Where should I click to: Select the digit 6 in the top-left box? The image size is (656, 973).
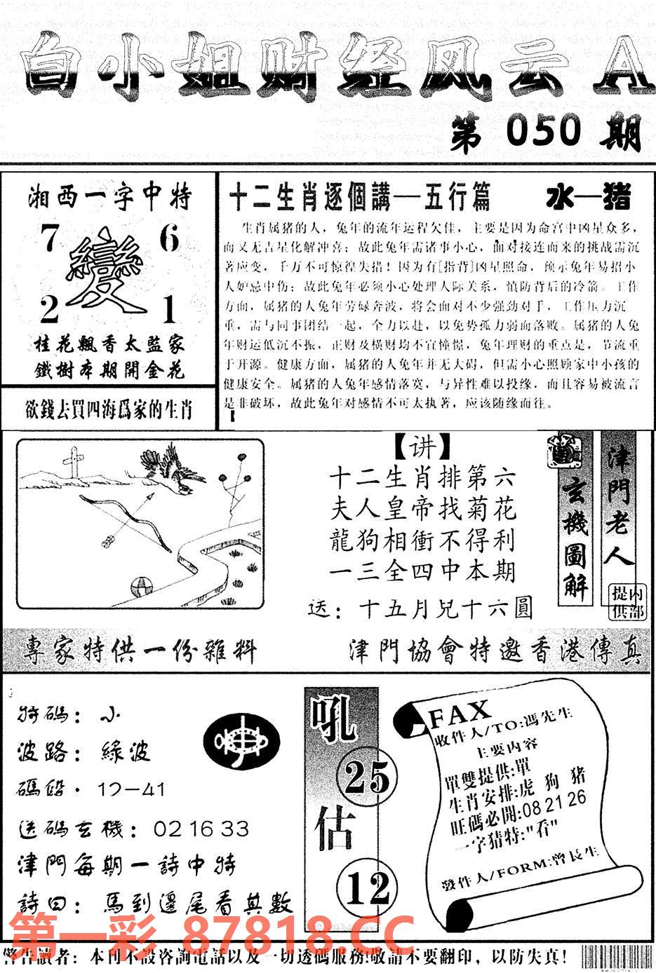(x=168, y=240)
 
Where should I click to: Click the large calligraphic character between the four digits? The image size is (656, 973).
(x=107, y=273)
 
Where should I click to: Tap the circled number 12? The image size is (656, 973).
(x=367, y=889)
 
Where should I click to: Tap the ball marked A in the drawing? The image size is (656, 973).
(x=139, y=584)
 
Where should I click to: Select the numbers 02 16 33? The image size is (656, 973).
(x=201, y=829)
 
